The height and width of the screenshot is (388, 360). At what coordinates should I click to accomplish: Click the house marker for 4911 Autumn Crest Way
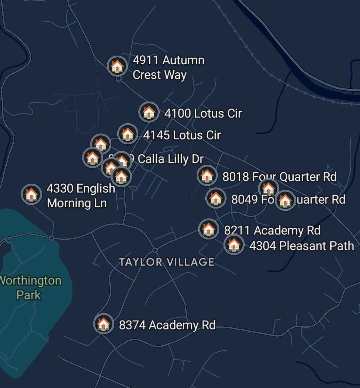pos(117,66)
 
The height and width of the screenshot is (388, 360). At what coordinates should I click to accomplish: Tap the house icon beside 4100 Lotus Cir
pos(149,112)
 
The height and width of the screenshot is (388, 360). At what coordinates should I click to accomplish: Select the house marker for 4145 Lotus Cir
pos(127,134)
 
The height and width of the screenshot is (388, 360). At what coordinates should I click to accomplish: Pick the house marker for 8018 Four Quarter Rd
pos(207,175)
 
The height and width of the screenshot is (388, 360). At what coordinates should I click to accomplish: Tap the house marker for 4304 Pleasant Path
pos(234,245)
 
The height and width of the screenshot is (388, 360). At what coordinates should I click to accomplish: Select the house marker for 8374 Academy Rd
pos(103,323)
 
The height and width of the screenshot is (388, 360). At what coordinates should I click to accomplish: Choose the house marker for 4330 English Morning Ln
pos(31,194)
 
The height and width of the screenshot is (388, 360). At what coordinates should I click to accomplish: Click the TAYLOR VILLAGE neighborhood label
pos(167,262)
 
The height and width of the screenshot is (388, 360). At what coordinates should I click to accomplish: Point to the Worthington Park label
pos(30,288)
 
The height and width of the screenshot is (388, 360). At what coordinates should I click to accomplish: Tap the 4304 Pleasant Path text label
pos(301,246)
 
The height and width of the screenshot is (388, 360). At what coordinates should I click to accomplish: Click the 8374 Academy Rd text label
pos(167,325)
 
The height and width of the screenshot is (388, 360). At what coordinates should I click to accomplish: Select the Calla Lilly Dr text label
pos(170,159)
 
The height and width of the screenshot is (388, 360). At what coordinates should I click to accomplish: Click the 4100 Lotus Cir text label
pos(203,113)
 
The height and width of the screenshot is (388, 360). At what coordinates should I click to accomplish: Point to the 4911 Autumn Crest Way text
pos(168,68)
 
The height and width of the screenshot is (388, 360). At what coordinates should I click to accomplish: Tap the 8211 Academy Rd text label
pos(272,230)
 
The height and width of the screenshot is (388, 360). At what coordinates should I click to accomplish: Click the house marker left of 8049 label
pos(215,198)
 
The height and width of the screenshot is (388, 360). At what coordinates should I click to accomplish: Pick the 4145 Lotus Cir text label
pos(182,135)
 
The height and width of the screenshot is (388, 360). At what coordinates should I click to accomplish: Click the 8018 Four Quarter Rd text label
pos(279,177)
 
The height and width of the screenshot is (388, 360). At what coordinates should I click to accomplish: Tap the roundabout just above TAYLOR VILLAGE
pos(155,250)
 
